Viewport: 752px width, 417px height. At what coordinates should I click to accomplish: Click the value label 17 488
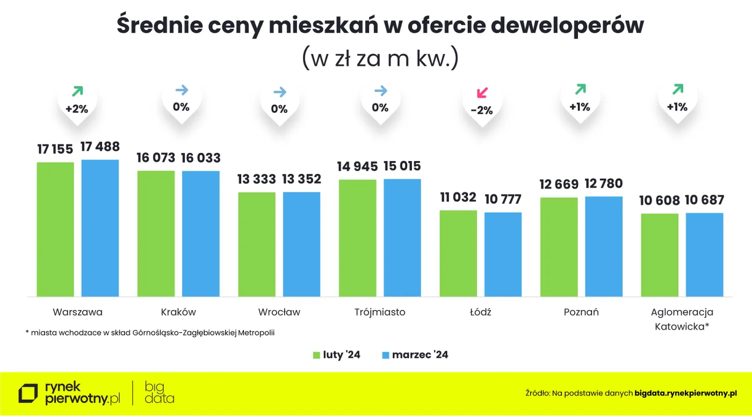pos(100,147)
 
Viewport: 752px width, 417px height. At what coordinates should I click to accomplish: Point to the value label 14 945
pos(357,166)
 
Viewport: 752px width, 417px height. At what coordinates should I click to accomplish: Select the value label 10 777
pos(503,199)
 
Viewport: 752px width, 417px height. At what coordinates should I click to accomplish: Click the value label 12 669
pos(559,185)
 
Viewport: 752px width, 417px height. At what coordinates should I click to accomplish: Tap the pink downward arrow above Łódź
pos(482,92)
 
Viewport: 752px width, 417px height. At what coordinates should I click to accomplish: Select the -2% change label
pos(481,111)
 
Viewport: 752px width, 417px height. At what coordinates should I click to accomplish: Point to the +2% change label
pos(76,109)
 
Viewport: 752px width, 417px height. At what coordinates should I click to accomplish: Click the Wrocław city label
pos(279,312)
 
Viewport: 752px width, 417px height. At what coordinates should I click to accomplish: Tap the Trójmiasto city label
pos(380,312)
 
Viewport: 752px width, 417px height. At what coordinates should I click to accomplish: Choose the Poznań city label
pos(581,312)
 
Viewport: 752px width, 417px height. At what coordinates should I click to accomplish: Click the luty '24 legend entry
pos(336,355)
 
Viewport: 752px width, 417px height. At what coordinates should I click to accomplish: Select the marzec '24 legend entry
pos(414,355)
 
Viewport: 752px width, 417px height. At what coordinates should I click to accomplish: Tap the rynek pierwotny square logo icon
pos(28,393)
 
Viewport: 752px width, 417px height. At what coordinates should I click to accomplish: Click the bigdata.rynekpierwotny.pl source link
pos(685,393)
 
